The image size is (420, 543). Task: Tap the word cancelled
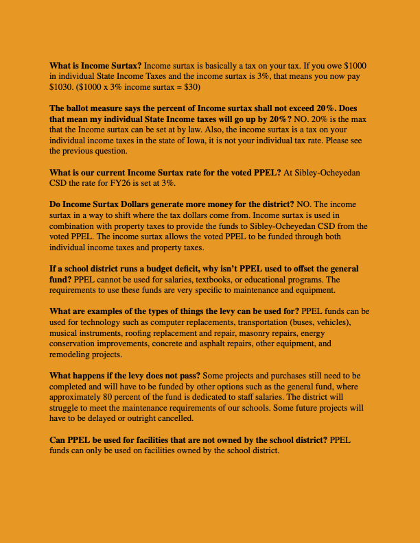pyautogui.click(x=175, y=418)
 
